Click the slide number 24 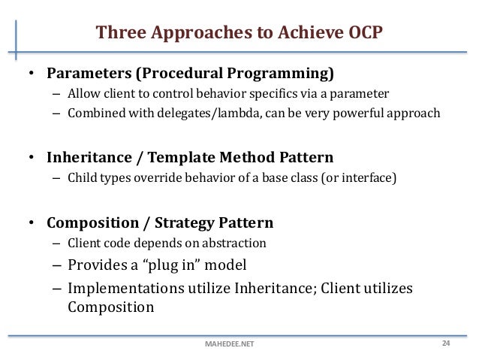point(445,343)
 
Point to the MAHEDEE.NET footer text point(229,345)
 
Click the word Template point(182,159)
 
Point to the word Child point(81,179)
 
